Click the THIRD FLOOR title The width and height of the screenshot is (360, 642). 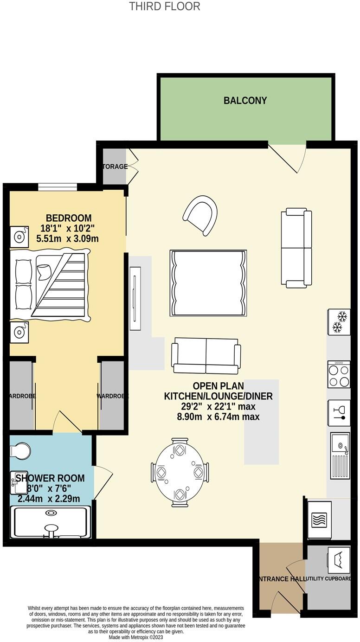(164, 6)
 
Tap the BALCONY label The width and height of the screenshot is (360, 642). (245, 101)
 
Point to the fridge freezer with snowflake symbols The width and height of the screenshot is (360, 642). (339, 322)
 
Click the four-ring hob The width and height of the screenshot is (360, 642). (339, 374)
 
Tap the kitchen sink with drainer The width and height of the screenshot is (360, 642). (340, 456)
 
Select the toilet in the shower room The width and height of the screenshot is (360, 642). (20, 450)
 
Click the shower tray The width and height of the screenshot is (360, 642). (51, 522)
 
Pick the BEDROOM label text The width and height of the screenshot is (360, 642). (68, 218)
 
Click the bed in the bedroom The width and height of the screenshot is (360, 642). (50, 285)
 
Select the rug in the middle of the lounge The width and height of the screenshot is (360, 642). (208, 283)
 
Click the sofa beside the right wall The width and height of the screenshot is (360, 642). (296, 248)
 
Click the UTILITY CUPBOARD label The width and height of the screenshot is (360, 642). (331, 579)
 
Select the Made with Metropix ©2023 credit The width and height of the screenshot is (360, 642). (136, 637)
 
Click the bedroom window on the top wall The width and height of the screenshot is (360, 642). (58, 187)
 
